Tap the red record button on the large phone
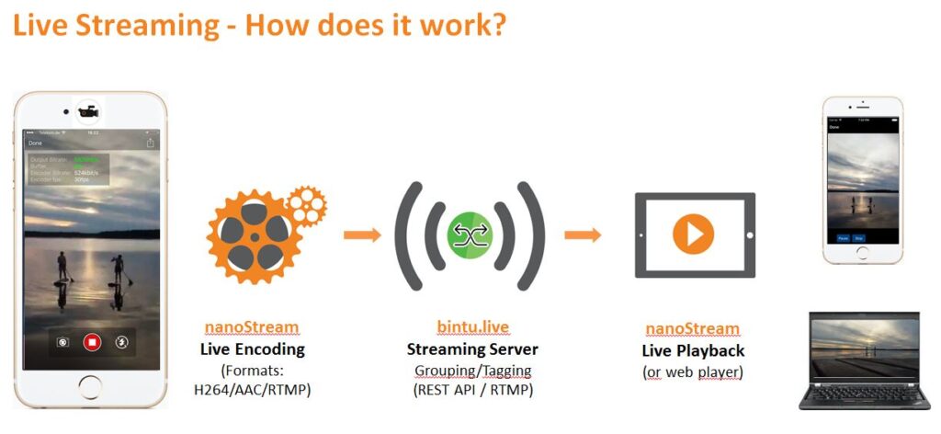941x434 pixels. pos(91,342)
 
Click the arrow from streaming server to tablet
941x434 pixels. pos(583,235)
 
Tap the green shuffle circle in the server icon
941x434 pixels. pos(470,235)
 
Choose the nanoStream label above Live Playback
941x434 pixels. pos(692,329)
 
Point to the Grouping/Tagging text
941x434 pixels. pos(472,370)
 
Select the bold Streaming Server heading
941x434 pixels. pos(472,349)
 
